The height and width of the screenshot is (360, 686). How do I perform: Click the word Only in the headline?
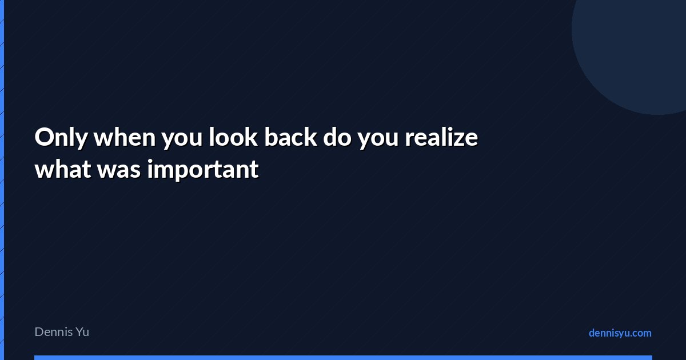pyautogui.click(x=61, y=138)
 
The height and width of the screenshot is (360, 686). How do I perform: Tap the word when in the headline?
pyautogui.click(x=125, y=137)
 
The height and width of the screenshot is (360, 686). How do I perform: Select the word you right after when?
pyautogui.click(x=182, y=140)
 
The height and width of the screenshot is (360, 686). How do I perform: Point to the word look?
pyautogui.click(x=233, y=137)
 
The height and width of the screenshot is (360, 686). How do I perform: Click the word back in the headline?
pyautogui.click(x=290, y=137)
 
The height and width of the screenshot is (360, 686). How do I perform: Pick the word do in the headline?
pyautogui.click(x=337, y=137)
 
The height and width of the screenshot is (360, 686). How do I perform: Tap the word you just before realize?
pyautogui.click(x=378, y=140)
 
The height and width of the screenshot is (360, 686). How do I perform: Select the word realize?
pyautogui.click(x=441, y=137)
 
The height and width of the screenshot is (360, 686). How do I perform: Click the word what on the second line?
pyautogui.click(x=63, y=169)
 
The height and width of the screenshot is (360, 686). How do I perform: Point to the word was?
pyautogui.click(x=119, y=171)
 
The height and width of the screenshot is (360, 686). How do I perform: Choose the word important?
pyautogui.click(x=203, y=169)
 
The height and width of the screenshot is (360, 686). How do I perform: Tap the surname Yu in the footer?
pyautogui.click(x=82, y=332)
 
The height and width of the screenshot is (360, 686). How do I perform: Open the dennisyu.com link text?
pyautogui.click(x=620, y=333)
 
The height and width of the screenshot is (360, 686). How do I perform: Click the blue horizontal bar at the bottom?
pyautogui.click(x=344, y=358)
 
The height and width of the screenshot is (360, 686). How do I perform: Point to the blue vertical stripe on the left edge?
pyautogui.click(x=2, y=180)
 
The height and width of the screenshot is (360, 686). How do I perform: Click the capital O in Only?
pyautogui.click(x=45, y=137)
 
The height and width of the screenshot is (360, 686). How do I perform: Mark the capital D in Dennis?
pyautogui.click(x=39, y=332)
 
